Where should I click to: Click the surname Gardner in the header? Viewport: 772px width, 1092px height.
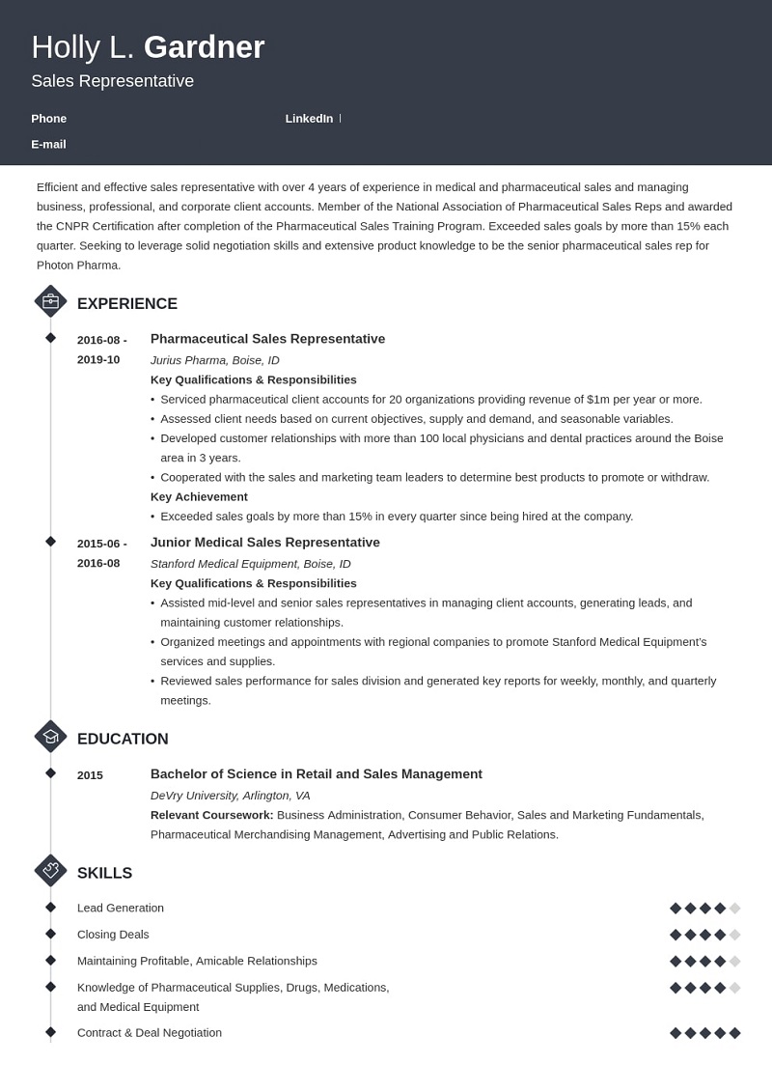[x=204, y=47]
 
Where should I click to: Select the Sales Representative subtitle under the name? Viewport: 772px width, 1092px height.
[x=112, y=81]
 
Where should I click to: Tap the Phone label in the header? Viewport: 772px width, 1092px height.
[x=49, y=119]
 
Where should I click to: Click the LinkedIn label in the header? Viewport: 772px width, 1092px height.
[x=309, y=119]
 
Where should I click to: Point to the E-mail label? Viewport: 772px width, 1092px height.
[x=48, y=144]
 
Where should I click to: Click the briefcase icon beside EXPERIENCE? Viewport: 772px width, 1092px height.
[x=50, y=301]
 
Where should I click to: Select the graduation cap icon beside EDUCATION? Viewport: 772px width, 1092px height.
[x=50, y=737]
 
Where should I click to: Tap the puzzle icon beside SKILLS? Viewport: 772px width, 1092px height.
[x=50, y=870]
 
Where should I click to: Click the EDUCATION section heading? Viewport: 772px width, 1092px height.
[x=123, y=739]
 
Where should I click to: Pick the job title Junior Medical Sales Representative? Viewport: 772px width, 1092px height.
[x=265, y=543]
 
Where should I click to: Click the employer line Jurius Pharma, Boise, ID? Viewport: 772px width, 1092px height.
[x=215, y=360]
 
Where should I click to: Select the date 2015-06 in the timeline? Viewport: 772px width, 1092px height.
[x=101, y=544]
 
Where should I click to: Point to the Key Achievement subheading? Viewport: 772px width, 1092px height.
[x=199, y=496]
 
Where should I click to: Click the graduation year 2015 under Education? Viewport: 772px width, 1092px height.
[x=90, y=775]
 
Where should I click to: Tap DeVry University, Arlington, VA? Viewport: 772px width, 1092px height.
[x=230, y=796]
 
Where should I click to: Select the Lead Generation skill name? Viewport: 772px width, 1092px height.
[x=121, y=908]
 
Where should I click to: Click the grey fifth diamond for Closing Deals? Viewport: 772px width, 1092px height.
[x=734, y=935]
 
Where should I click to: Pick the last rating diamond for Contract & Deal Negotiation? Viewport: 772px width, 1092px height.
[x=734, y=1033]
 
